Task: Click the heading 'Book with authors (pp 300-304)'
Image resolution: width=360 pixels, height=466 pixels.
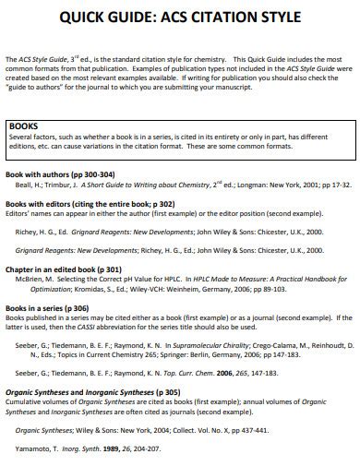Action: (60, 173)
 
